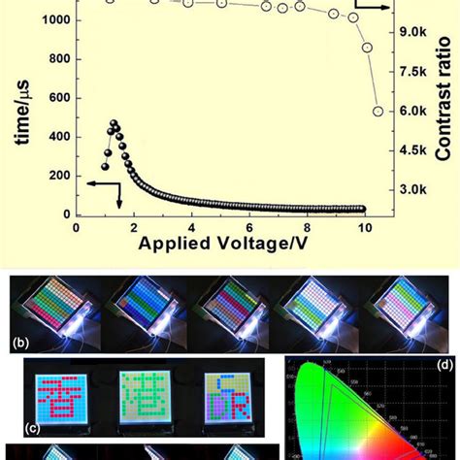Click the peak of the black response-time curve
tap(113, 124)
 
